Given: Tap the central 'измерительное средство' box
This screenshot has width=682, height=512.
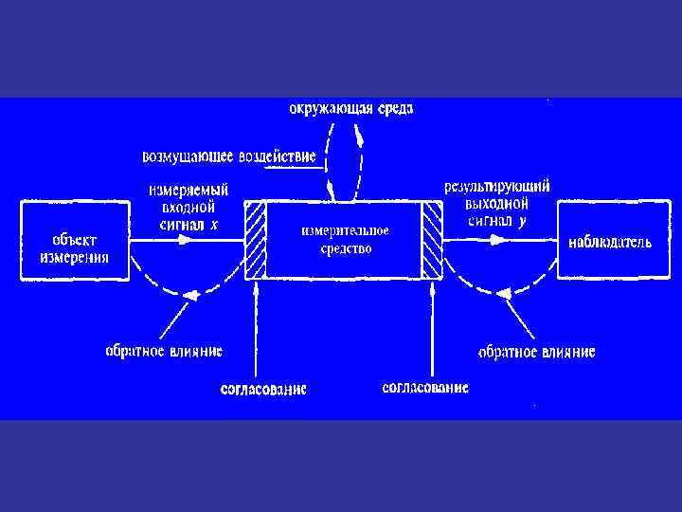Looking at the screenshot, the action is [x=344, y=240].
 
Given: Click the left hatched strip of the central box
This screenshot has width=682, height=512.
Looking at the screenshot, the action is [x=256, y=240].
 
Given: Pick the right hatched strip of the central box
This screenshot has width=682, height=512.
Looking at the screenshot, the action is [x=433, y=240].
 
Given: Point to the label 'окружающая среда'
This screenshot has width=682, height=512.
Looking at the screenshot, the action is [x=350, y=108].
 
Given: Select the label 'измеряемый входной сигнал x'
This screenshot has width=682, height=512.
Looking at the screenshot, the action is [x=188, y=205].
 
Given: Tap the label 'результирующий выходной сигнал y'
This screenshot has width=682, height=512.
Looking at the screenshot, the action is [x=498, y=204].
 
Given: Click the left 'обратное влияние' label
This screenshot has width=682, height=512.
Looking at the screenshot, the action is [x=164, y=351].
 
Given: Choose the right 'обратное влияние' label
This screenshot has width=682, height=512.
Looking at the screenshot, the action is [x=537, y=352].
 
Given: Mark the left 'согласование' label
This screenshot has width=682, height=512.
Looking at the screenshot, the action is [x=263, y=389].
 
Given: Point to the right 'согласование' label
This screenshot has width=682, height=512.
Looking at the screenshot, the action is [x=425, y=388].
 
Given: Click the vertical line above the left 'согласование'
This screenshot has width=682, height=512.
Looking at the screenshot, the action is [x=256, y=332].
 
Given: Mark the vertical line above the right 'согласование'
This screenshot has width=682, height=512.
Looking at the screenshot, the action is [x=432, y=332].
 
